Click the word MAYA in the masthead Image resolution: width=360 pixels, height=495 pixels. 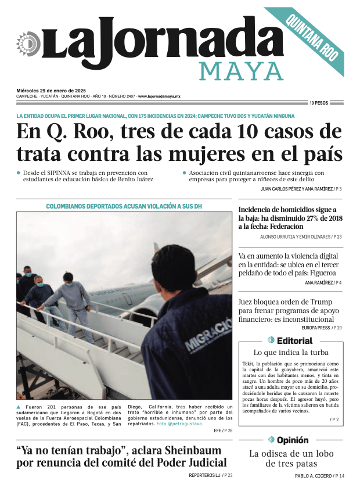(x=241, y=71)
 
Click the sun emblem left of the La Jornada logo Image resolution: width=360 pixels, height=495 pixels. (x=28, y=44)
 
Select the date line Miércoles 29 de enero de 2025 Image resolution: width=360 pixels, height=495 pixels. (x=51, y=91)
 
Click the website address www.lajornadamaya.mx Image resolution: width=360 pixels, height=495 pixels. (x=159, y=96)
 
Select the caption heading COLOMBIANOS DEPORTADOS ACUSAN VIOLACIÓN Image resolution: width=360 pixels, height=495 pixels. (x=124, y=206)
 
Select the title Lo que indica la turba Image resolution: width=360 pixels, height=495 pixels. (x=291, y=353)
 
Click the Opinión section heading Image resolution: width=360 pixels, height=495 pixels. (x=292, y=440)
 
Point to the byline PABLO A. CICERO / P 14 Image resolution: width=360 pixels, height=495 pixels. (x=319, y=476)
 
